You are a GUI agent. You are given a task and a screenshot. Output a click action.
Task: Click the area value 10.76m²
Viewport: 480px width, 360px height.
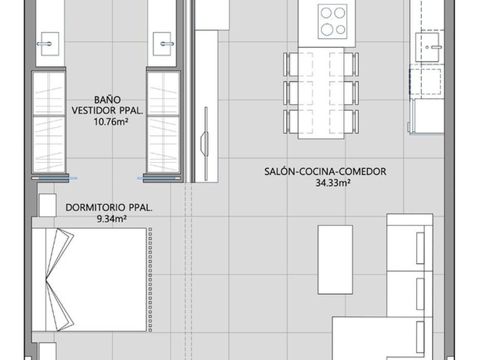coord(111,122)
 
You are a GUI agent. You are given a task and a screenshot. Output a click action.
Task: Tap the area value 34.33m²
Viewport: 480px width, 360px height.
coord(333,183)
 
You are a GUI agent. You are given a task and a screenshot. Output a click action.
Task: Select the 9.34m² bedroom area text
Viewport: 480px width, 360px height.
coord(112,219)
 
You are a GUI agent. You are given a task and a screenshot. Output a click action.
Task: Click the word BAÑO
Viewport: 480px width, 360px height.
coord(107,100)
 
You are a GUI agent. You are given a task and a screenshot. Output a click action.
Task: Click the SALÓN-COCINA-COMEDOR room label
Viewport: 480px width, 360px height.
coord(326,171)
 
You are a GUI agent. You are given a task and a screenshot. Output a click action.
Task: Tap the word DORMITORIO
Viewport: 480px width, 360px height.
coord(96,207)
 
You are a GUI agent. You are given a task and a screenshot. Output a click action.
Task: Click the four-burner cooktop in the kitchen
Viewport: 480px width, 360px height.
coord(332,21)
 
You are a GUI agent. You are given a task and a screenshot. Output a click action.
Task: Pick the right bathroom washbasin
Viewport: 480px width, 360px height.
coord(162,44)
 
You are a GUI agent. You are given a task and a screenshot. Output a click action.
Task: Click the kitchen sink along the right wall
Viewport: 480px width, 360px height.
coord(429,47)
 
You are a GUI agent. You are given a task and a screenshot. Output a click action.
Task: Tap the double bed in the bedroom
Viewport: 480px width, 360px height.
coord(89,279)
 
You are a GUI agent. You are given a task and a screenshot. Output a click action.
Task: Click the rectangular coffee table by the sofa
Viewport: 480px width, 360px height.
coord(335,260)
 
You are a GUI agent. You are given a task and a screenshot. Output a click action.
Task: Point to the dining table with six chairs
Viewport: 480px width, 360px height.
coord(321,93)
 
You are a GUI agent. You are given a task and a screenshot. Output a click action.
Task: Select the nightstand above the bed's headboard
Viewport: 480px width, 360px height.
coord(47,205)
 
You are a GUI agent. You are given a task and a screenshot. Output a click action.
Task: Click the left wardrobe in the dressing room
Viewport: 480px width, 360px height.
coord(49,122)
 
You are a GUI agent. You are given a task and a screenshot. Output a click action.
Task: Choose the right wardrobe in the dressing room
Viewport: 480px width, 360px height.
coord(164,122)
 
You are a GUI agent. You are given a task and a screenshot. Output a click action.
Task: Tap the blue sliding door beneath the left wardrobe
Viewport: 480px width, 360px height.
coord(54,178)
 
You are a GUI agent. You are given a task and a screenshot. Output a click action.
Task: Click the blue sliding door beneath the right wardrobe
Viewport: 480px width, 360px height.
coord(159,178)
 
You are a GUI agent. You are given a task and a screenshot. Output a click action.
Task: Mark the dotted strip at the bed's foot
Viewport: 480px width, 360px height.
coord(150,279)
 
